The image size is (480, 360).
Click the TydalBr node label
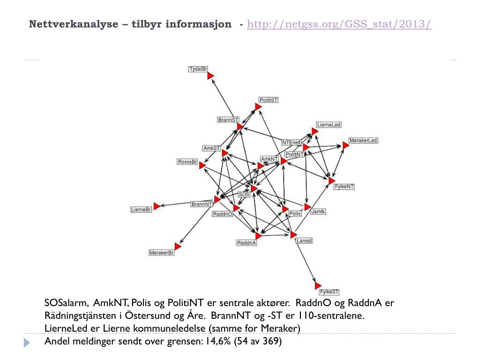coord(198,69)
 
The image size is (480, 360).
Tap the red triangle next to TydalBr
coord(210,76)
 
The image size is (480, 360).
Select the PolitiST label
coord(269,100)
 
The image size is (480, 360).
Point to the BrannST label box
coord(228,120)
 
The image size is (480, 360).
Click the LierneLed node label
coord(328,125)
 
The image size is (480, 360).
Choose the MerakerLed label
coord(363,141)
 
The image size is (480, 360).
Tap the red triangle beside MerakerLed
coord(345,145)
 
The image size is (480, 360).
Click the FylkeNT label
coord(344,187)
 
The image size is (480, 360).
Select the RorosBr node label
coord(187,162)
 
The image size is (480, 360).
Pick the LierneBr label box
coord(141,210)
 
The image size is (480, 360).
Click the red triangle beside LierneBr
coord(157,206)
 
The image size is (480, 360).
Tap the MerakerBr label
coord(161,253)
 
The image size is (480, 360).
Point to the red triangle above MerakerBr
coord(178,246)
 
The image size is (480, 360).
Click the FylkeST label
coord(329,292)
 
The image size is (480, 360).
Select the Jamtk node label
coord(318,212)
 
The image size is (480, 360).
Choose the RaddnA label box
coord(246,243)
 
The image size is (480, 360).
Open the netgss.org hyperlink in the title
coord(339,24)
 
